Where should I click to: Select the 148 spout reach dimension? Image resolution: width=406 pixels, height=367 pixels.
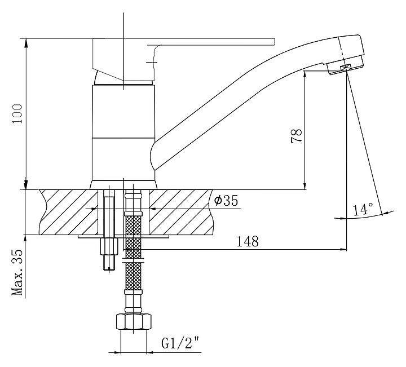pyautogui.click(x=248, y=241)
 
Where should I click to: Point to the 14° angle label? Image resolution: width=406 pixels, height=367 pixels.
pyautogui.click(x=363, y=210)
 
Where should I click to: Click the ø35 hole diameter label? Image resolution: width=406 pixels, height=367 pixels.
pyautogui.click(x=226, y=201)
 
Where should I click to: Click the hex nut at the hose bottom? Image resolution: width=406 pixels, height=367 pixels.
pyautogui.click(x=133, y=323)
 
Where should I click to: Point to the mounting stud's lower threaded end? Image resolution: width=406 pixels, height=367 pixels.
pyautogui.click(x=108, y=263)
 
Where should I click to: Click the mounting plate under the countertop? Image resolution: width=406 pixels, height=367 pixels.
pyautogui.click(x=124, y=238)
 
